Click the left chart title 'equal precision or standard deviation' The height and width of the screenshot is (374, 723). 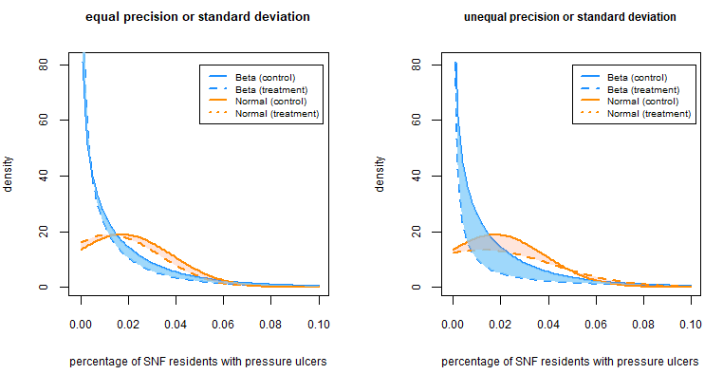click(196, 17)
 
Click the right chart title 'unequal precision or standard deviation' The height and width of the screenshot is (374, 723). click(569, 17)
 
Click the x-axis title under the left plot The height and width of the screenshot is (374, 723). click(199, 362)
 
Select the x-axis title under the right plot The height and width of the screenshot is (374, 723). click(571, 362)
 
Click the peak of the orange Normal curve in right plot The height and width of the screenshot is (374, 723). click(493, 234)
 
